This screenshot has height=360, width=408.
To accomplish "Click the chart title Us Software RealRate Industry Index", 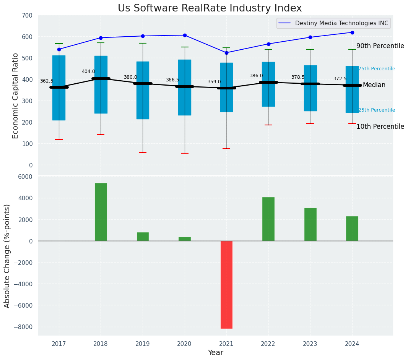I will [210, 8].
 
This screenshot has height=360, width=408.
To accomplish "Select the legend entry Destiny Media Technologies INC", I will [341, 23].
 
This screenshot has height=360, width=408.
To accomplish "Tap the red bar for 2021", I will [226, 284].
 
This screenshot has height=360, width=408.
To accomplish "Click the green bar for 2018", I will [101, 212].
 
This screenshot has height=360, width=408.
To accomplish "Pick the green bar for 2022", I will [268, 219].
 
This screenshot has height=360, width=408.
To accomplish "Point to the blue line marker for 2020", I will [185, 35].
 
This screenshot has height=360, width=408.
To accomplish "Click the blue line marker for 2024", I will [352, 32].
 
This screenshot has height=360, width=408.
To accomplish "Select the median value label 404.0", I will [88, 71].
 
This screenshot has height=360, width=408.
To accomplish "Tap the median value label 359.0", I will [214, 82].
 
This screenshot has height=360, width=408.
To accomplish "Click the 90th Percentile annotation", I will [380, 46].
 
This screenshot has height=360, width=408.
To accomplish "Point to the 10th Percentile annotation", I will [380, 126].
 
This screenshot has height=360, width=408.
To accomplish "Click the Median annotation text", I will [374, 85].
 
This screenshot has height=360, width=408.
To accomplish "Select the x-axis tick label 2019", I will [143, 344].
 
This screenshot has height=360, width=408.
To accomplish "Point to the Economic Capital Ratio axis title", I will [16, 96].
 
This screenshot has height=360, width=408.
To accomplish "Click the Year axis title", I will [216, 352].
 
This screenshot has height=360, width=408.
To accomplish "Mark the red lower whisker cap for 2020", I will [185, 153].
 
